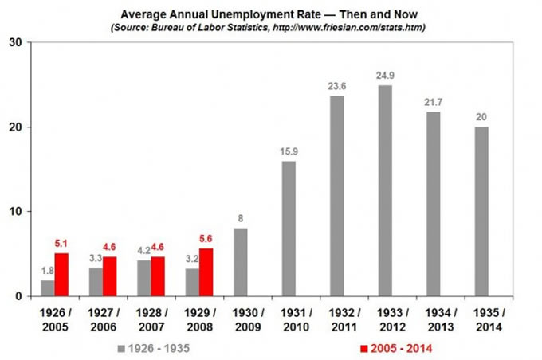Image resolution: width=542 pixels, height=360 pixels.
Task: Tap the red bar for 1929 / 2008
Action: (x=206, y=272)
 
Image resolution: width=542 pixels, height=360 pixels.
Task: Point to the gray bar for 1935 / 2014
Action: (x=481, y=211)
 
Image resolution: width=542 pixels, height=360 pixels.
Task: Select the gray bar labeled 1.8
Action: (x=48, y=288)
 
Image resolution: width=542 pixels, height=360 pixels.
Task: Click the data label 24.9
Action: (x=385, y=76)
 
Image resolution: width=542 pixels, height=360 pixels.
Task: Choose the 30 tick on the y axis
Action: (x=15, y=42)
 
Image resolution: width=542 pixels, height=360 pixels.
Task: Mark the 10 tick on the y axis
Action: (x=15, y=212)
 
